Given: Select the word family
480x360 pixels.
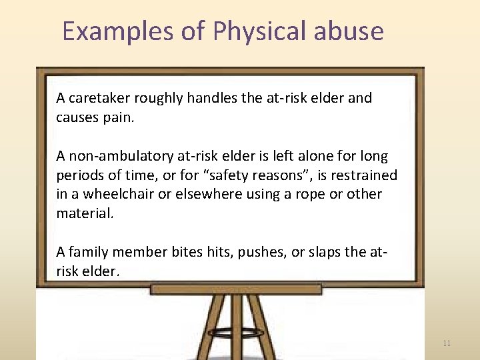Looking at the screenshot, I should click(90, 251).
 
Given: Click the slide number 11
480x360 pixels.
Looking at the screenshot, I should click(447, 343).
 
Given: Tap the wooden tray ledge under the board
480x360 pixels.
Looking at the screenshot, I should click(236, 289).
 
